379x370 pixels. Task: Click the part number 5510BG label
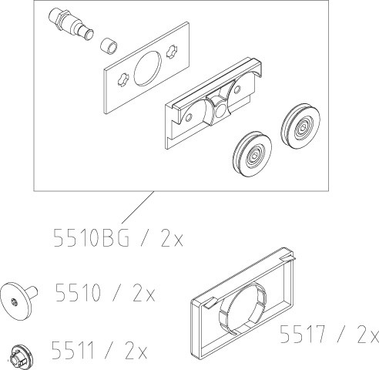coord(91,237)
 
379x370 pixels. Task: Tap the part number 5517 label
coord(303,334)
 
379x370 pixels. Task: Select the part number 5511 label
coord(72,350)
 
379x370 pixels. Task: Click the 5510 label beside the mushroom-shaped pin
coord(78,292)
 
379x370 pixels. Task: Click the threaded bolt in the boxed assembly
coord(71,24)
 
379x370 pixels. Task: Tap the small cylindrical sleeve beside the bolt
coord(109,46)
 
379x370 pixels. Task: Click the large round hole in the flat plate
coord(148,68)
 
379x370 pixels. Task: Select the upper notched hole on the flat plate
coord(172,52)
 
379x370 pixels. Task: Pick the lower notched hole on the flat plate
coord(123,79)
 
